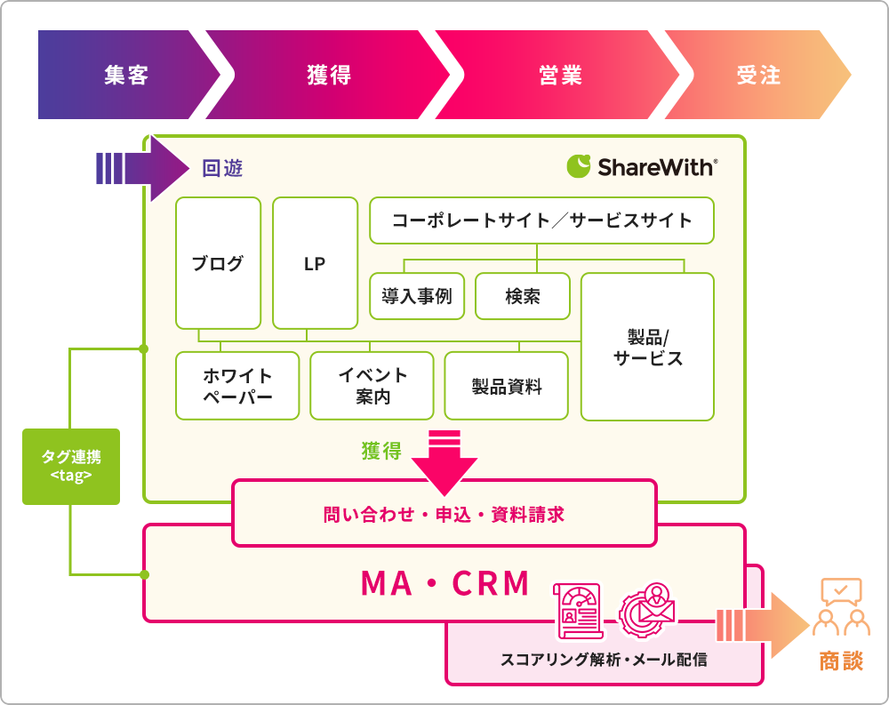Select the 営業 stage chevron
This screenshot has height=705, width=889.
pyautogui.click(x=558, y=75)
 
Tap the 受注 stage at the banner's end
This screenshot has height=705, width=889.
pyautogui.click(x=758, y=75)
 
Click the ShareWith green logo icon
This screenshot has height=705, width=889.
pyautogui.click(x=579, y=166)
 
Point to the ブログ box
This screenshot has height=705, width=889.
pyautogui.click(x=219, y=263)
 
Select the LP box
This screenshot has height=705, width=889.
pyautogui.click(x=316, y=263)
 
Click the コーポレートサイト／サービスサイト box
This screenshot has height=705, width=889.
pyautogui.click(x=541, y=220)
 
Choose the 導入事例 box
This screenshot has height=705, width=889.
pyautogui.click(x=417, y=296)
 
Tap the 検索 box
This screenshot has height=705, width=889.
pyautogui.click(x=523, y=296)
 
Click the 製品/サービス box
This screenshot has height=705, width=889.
pyautogui.click(x=647, y=347)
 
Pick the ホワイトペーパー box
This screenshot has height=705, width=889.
pyautogui.click(x=237, y=386)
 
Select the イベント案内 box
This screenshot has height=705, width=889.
pyautogui.click(x=372, y=386)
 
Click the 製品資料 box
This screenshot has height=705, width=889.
pyautogui.click(x=507, y=386)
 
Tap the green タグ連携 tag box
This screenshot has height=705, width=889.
pyautogui.click(x=71, y=467)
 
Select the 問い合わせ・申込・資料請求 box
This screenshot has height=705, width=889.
pyautogui.click(x=444, y=513)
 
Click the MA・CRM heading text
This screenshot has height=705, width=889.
pyautogui.click(x=445, y=583)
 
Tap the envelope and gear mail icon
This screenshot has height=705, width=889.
pyautogui.click(x=647, y=611)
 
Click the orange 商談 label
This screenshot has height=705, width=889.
pyautogui.click(x=841, y=661)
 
